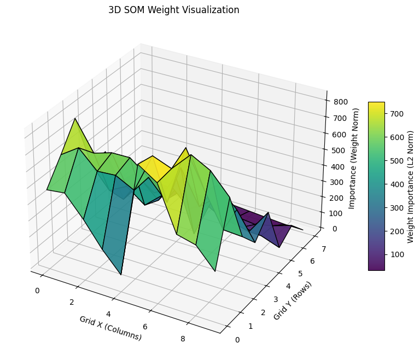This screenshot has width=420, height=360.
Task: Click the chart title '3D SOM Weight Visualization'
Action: click(173, 10)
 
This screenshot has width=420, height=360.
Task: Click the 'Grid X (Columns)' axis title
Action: click(110, 328)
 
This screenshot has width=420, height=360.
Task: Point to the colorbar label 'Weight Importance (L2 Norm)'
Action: click(411, 186)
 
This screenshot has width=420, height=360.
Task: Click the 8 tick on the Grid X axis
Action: click(183, 339)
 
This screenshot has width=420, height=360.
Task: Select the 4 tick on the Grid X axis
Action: click(108, 314)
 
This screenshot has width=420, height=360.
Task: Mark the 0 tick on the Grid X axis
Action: click(37, 291)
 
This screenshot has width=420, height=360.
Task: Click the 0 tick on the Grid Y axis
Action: click(237, 340)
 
